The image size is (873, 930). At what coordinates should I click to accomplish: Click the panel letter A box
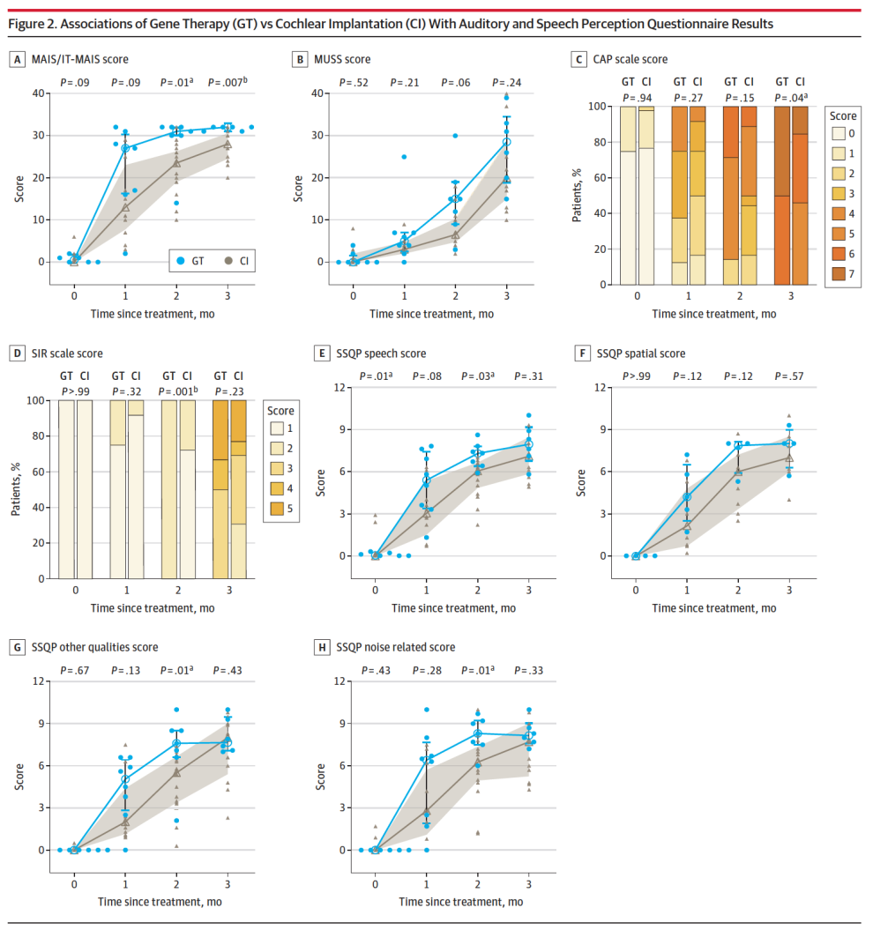[x=17, y=59]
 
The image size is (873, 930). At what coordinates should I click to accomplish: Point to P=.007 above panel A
[x=227, y=82]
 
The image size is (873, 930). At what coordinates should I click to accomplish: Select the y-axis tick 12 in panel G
[x=38, y=681]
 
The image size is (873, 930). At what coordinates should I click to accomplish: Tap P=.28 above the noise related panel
[x=428, y=670]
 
